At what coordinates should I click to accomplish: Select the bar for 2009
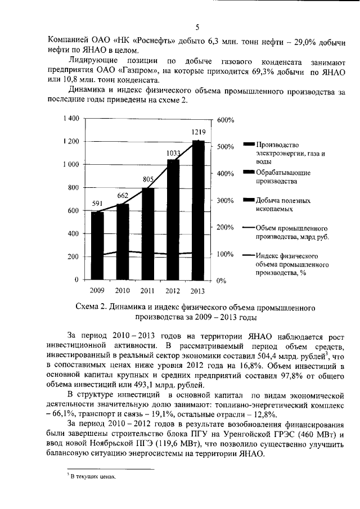click(97, 246)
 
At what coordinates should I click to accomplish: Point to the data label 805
click(148, 179)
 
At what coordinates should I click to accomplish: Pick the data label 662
click(123, 195)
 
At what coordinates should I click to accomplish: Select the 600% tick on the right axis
click(225, 120)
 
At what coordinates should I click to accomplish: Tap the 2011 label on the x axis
click(147, 291)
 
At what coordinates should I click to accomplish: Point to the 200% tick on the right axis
click(225, 227)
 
